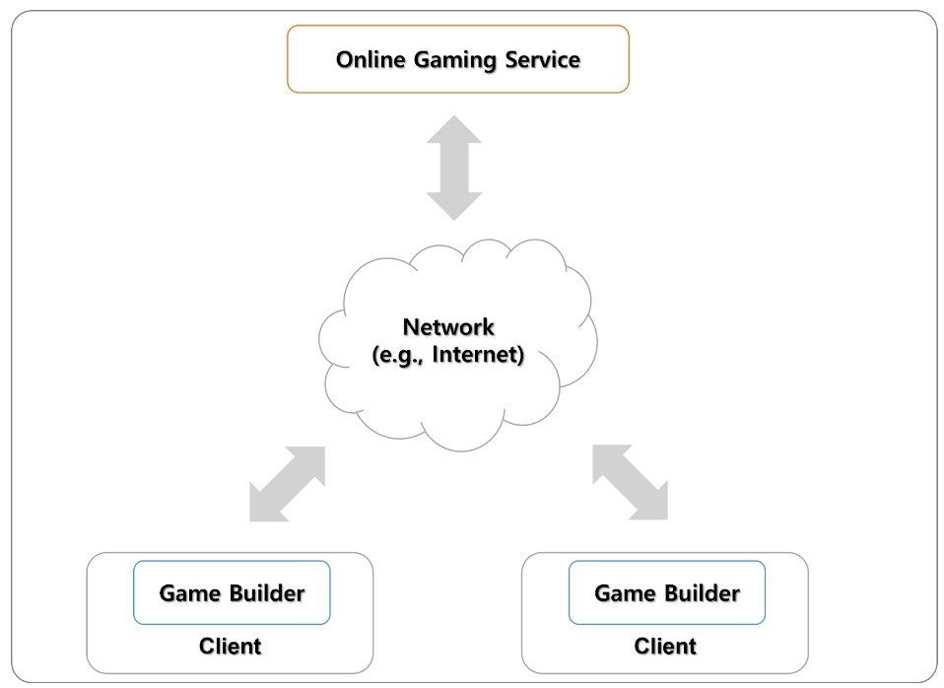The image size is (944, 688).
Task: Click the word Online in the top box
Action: click(371, 60)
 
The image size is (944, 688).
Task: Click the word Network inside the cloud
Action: click(448, 327)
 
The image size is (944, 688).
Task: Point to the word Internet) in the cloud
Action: click(478, 354)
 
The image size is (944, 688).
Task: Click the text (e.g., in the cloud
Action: click(398, 355)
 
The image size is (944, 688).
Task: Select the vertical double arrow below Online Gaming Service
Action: click(454, 169)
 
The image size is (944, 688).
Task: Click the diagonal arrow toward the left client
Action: click(287, 484)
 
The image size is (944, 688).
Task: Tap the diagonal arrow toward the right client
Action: click(631, 482)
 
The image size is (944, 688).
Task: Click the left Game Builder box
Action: click(232, 592)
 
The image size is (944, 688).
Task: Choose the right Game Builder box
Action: click(667, 592)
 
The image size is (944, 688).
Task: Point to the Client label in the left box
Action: click(230, 647)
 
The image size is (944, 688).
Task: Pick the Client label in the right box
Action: click(665, 647)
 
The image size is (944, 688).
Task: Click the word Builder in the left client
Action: click(267, 593)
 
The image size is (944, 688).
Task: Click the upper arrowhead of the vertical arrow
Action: click(454, 129)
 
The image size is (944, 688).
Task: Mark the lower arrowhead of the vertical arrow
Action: click(454, 207)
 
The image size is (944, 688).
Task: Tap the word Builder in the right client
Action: click(703, 593)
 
